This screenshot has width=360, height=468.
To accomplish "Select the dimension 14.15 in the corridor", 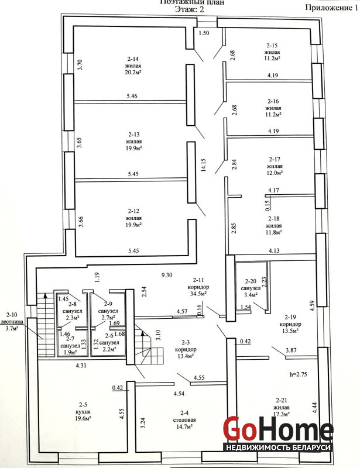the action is [204, 164].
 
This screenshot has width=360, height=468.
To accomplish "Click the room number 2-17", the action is [274, 159].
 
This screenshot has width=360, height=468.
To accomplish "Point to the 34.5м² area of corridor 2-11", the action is [198, 294].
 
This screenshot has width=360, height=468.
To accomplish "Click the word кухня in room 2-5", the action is [83, 412].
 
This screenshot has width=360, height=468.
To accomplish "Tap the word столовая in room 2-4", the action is [184, 420].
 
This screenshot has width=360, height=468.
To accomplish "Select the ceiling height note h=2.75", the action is [299, 374].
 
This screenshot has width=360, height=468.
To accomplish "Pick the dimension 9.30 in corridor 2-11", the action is [167, 275].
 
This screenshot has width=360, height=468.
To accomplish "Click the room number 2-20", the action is [251, 281].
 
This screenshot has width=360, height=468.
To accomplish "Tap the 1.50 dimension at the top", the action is [204, 33].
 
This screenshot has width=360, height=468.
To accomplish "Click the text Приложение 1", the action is [331, 8].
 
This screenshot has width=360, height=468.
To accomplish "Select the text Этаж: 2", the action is [190, 9].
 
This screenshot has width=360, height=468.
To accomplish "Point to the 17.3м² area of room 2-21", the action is [282, 414].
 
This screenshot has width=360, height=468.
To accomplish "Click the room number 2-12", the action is [133, 211].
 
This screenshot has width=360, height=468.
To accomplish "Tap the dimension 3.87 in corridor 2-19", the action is [291, 350].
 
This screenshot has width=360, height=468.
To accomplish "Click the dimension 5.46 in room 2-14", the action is [132, 96].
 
